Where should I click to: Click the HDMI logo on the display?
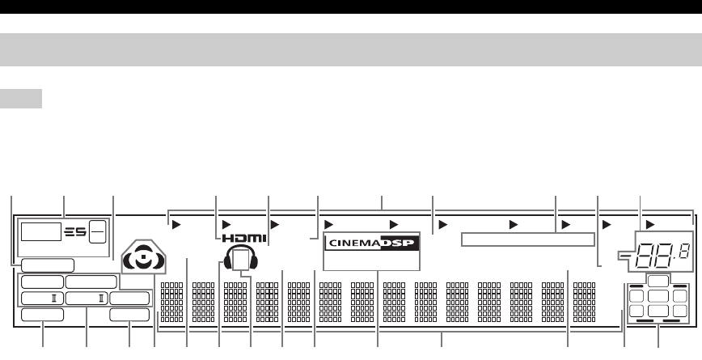[x=240, y=239]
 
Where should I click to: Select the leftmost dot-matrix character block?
[x=171, y=302]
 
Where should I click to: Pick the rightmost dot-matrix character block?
[x=584, y=302]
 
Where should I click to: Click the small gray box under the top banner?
[x=21, y=99]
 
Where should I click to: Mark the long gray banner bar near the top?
[x=351, y=51]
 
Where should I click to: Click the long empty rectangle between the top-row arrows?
[x=527, y=239]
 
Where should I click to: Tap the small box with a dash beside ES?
[x=96, y=231]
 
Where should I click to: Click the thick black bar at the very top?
[x=351, y=6]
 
